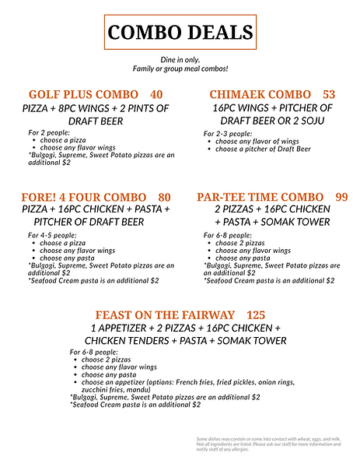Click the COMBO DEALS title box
click(x=180, y=32)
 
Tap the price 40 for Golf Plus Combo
click(x=156, y=95)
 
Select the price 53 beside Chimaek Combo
click(x=329, y=95)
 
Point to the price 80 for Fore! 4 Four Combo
click(x=164, y=197)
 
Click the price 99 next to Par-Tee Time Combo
click(x=342, y=197)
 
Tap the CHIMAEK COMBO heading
click(x=260, y=95)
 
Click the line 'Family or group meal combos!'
click(x=180, y=70)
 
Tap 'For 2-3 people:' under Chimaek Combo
click(x=228, y=134)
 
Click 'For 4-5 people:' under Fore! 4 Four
click(x=52, y=235)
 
